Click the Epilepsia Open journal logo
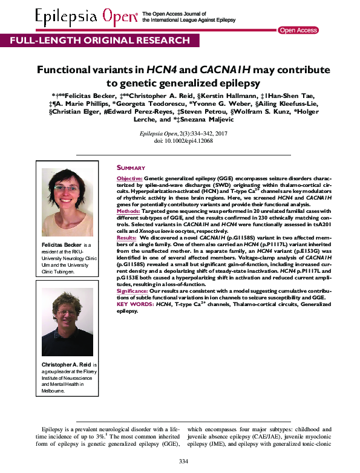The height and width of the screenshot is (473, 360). [86, 17]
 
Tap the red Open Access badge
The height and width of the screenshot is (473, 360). [298, 30]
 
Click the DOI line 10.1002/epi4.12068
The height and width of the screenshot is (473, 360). [179, 140]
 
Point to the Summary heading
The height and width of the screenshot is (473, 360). [131, 168]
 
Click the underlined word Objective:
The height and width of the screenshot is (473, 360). [129, 180]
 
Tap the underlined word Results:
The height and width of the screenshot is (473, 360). [127, 239]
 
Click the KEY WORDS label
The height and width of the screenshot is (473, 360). [134, 304]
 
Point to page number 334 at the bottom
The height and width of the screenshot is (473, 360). [184, 462]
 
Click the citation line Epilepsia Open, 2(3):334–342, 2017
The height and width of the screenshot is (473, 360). [179, 132]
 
